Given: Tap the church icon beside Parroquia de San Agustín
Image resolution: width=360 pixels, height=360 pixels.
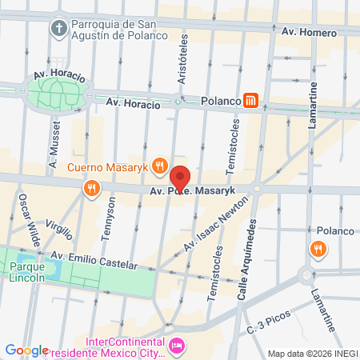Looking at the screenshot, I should pos(58,29).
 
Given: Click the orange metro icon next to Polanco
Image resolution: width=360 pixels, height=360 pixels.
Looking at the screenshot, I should pos(252,101).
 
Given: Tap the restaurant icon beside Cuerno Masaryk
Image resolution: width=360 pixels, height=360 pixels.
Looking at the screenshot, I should pos(159,167).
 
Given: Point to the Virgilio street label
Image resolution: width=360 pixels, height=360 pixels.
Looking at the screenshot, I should pos(59,231).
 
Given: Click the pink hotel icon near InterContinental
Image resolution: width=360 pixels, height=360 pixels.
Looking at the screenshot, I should pos(178,346).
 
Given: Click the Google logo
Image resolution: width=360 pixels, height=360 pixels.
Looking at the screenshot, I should pos(26,350).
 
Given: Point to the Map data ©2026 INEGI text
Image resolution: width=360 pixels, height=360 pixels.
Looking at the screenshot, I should pos(312,354).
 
